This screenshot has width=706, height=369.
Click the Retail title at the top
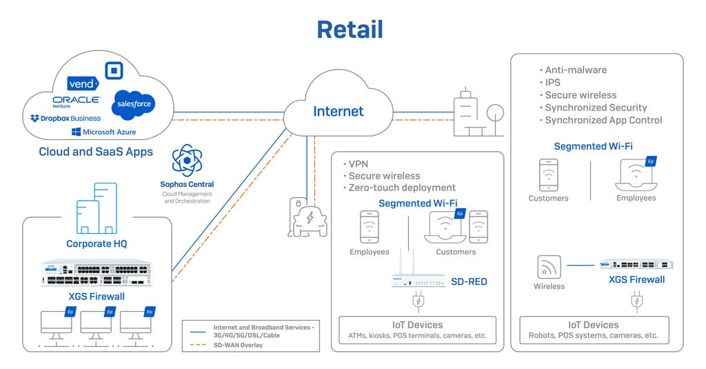coord(350,30)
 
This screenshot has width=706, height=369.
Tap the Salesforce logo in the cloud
coord(133,103)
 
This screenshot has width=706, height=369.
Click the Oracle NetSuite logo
coord(77,101)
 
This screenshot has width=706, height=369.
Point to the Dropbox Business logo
coord(65,119)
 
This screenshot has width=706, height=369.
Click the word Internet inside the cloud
coord(338,111)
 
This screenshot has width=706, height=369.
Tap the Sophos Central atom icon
coord(187,161)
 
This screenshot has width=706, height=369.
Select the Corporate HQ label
coord(97,243)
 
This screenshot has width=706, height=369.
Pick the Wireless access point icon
coord(549,267)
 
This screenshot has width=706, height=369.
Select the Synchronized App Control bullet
coord(603,120)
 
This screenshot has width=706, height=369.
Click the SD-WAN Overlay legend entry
coord(238,345)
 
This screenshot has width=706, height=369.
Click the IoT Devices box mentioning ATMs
coord(417,330)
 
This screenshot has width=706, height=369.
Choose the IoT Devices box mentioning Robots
coord(593,330)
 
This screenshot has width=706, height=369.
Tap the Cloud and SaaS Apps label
coord(96,152)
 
